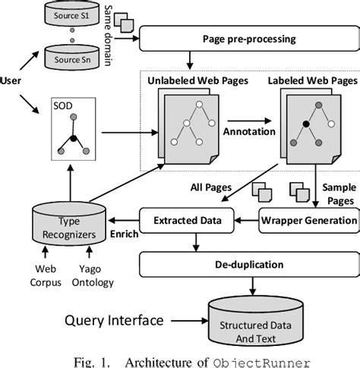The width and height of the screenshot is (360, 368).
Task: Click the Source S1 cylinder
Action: coord(72,13)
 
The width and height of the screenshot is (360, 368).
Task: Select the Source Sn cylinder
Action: coord(72,58)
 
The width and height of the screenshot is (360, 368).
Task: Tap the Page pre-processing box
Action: coord(249,39)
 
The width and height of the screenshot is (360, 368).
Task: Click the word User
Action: coord(11,80)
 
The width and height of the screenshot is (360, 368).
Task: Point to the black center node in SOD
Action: coord(73,139)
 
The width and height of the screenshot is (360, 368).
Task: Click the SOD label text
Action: coord(63,105)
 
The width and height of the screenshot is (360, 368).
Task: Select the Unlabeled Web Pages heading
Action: coord(197,80)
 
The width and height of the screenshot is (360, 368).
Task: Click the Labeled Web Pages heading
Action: coord(313,80)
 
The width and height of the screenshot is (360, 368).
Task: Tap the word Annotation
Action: coord(249,131)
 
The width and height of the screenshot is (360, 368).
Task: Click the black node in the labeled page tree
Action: coord(306,124)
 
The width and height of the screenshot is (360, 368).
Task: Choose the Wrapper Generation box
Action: coord(309,220)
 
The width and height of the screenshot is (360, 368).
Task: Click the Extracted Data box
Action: coord(187,220)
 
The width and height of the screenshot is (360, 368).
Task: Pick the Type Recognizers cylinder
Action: coord(69,223)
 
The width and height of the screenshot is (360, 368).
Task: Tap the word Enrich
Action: coord(125,234)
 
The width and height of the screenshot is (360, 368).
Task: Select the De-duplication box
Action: coord(249,265)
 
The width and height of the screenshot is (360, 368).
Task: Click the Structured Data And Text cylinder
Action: coord(256,322)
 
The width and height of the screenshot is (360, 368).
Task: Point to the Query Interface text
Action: coord(114,320)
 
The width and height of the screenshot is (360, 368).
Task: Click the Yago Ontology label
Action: coord(93,275)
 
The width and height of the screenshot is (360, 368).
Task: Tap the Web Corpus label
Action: coord(46,275)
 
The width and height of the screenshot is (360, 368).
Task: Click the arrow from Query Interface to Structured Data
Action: coord(189,321)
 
